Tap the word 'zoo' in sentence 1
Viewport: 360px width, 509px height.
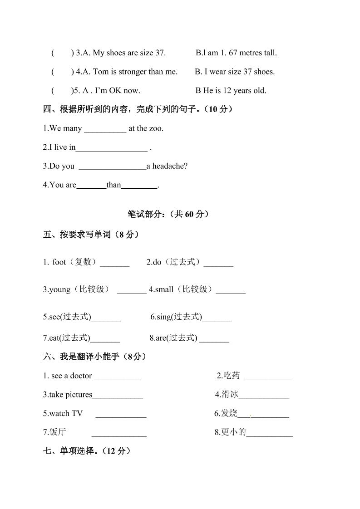[157, 128]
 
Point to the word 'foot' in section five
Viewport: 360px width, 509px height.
[59, 262]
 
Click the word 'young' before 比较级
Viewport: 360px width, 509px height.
[60, 290]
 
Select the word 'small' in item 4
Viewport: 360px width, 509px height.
[164, 290]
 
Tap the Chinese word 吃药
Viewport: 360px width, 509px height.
[232, 376]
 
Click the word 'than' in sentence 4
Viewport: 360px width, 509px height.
[114, 185]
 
